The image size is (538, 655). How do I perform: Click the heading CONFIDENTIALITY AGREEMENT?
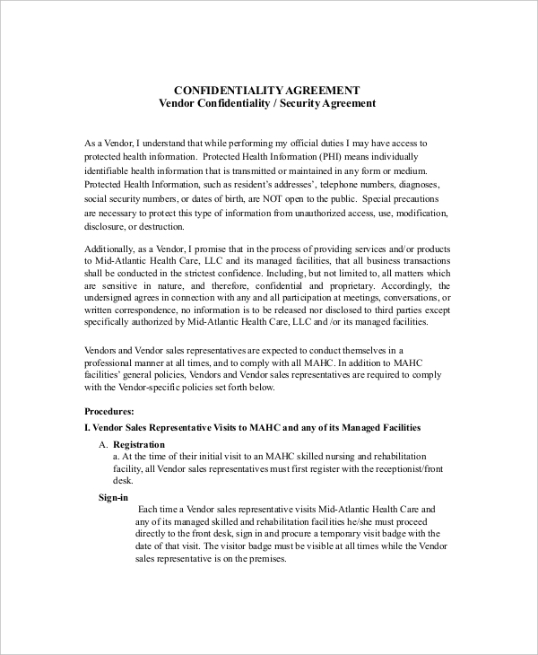point(266,90)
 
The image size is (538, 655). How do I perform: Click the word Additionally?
point(111,249)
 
